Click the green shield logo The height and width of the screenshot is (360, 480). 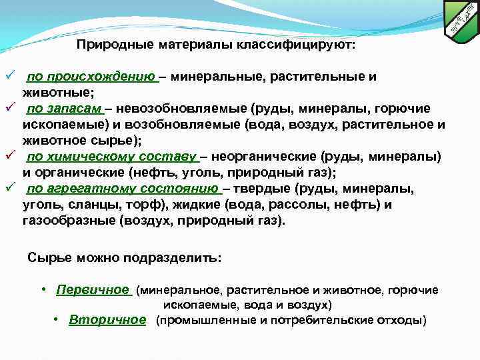tap(463, 21)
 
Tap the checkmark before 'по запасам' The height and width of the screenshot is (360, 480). tap(9, 108)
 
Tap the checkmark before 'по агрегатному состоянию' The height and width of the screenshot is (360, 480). tap(9, 188)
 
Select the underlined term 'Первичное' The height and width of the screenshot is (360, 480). tap(93, 290)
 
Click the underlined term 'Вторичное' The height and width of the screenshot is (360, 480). tap(107, 320)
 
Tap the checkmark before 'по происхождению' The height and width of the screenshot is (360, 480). tap(9, 76)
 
